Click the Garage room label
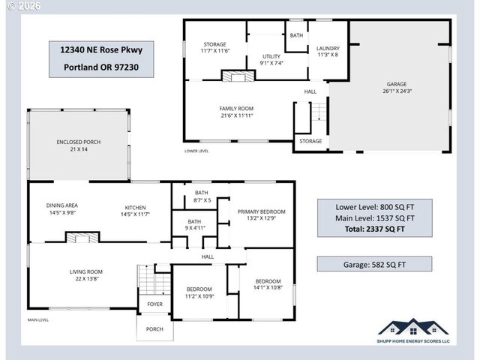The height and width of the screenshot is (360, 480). (397, 88)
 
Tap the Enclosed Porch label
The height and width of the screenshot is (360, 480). (78, 145)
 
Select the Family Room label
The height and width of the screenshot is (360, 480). (236, 112)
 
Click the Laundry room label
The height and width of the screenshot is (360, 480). (328, 51)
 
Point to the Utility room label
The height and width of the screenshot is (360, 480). (271, 59)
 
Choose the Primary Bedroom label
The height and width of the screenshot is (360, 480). (261, 215)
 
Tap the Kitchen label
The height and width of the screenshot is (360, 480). (135, 211)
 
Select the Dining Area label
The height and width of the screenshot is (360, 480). (62, 208)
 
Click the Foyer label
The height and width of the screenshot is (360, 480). (154, 304)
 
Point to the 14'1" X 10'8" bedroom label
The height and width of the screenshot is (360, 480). (268, 283)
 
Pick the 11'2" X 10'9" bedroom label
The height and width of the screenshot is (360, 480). (199, 292)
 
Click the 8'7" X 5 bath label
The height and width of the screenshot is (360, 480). (201, 196)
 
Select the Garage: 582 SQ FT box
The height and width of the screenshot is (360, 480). (373, 264)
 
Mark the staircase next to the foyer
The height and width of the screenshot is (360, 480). (154, 282)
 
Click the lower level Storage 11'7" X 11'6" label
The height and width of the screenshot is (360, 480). (214, 47)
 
